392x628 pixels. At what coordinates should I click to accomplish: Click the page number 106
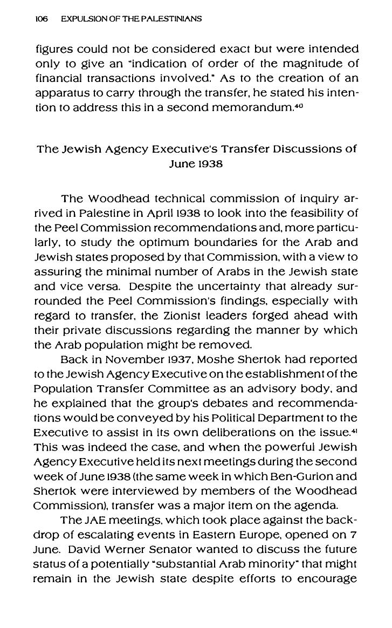click(x=42, y=19)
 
